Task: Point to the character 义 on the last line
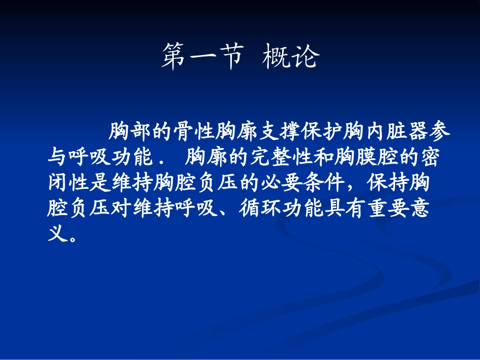pos(57,233)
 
